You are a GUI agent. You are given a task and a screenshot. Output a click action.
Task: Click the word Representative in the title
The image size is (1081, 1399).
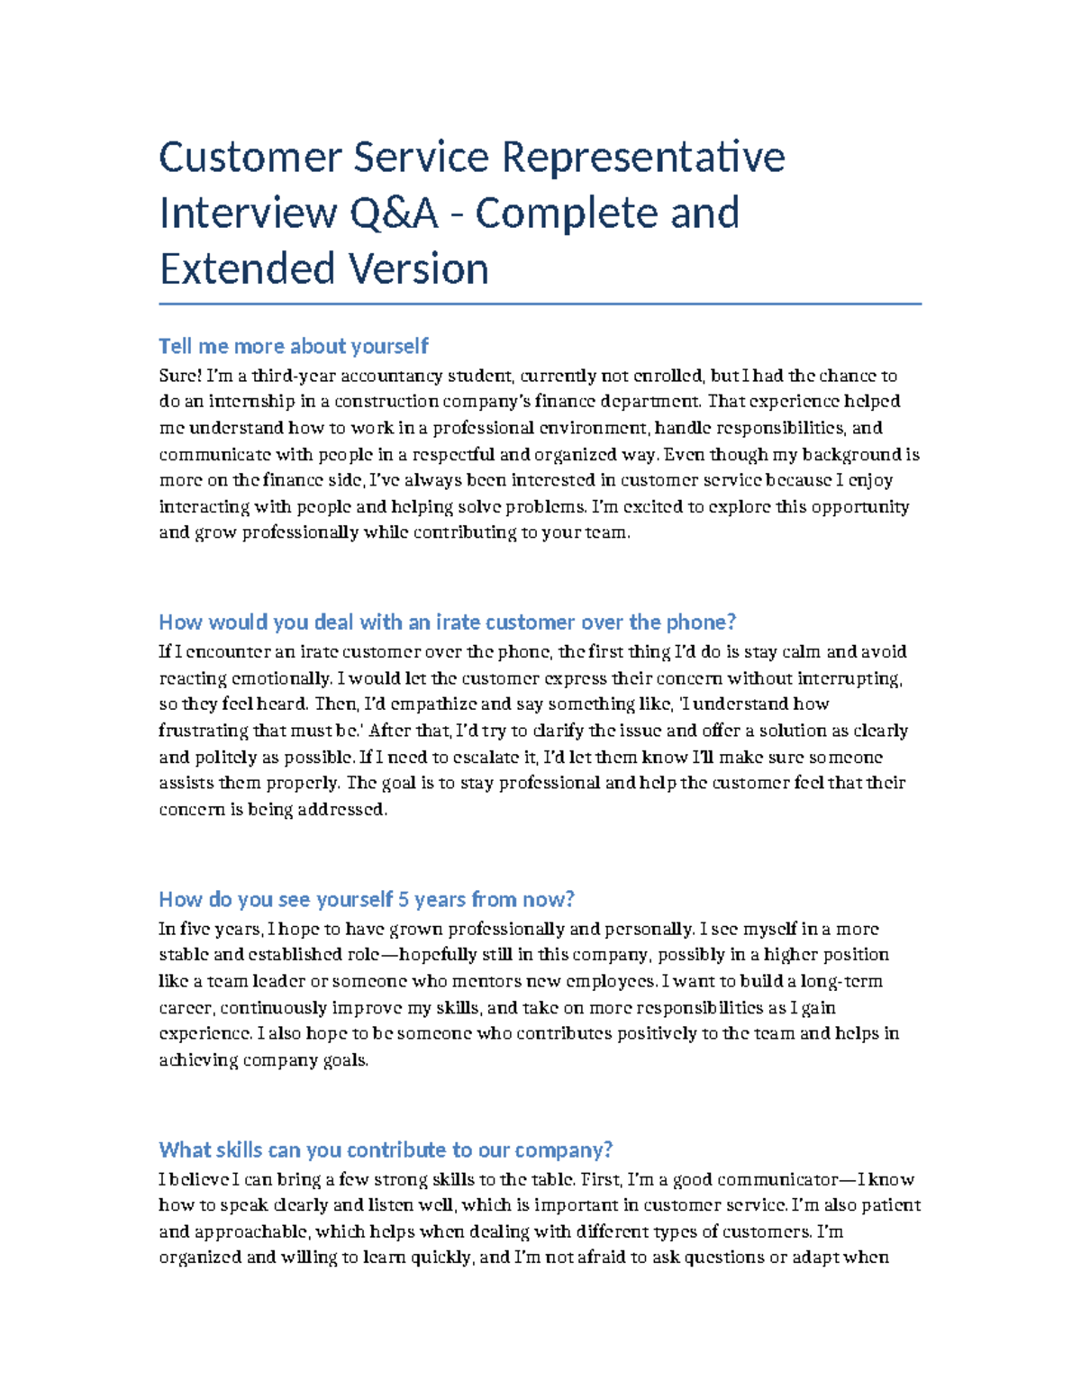click(x=642, y=157)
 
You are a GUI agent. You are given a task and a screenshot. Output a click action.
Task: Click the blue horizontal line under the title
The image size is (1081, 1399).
click(x=540, y=304)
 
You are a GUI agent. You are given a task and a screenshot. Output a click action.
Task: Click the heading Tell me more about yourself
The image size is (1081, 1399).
click(x=293, y=346)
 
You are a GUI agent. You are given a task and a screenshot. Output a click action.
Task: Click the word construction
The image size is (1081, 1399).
click(x=390, y=402)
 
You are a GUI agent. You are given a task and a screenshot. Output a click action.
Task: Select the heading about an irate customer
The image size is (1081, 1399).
click(x=447, y=622)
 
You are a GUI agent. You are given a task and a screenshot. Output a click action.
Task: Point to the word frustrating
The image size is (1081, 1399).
click(x=203, y=731)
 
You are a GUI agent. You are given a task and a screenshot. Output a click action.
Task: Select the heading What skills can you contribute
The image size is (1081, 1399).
click(x=386, y=1149)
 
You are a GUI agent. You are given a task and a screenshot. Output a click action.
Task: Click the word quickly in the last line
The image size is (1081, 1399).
click(x=441, y=1258)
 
